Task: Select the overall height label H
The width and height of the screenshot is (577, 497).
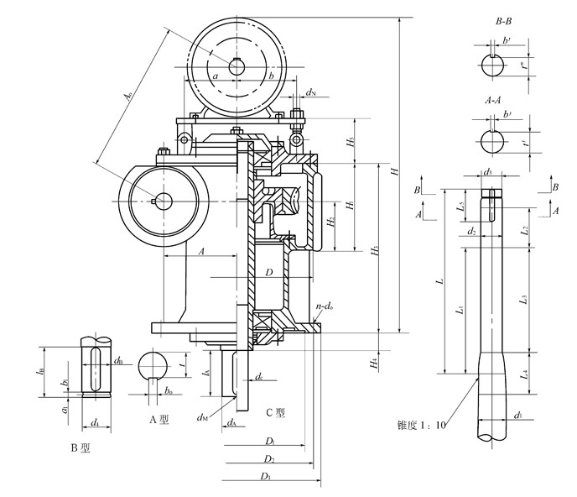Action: (393, 171)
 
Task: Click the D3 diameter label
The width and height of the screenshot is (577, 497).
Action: (266, 476)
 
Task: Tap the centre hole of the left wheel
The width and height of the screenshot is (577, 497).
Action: (162, 201)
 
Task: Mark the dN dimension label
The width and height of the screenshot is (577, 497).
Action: (310, 92)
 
